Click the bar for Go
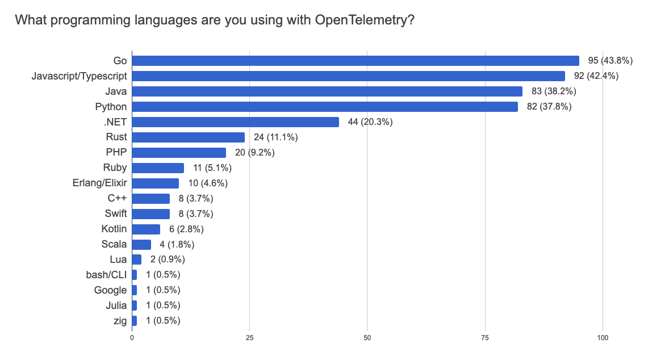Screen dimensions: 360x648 pos(355,61)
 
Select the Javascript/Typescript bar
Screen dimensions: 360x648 pos(348,76)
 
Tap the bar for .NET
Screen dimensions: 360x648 pos(235,122)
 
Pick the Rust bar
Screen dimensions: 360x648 pos(188,137)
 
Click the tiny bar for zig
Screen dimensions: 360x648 pos(134,321)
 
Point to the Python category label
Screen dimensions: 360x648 pos(111,107)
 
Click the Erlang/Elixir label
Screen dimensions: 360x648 pos(99,183)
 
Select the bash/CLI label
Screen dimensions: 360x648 pos(104,275)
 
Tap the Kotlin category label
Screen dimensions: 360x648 pos(113,229)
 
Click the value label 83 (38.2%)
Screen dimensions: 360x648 pos(551,91)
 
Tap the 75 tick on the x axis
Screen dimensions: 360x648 pos(486,338)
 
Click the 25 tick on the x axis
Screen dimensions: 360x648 pos(249,338)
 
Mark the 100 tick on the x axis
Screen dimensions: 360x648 pos(603,338)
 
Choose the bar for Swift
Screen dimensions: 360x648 pos(150,214)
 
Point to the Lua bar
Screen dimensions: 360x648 pos(136,259)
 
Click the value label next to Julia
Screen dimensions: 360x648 pos(163,305)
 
